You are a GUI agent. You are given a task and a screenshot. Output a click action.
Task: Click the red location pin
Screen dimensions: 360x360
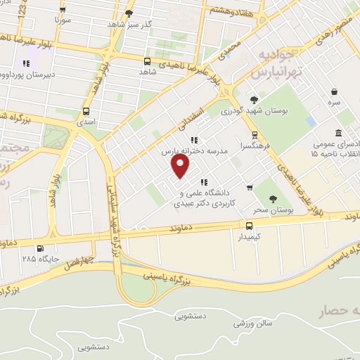click(x=181, y=165)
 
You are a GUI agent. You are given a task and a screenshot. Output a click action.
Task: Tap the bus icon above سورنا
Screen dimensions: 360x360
click(x=63, y=11)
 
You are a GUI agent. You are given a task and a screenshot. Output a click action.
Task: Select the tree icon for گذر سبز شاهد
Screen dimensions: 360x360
click(x=128, y=13)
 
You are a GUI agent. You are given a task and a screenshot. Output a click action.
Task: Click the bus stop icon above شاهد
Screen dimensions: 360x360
click(x=147, y=60)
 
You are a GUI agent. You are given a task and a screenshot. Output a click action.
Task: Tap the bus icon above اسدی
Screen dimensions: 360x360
click(x=86, y=111)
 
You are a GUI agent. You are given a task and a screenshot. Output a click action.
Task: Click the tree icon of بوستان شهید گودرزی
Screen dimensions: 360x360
click(x=254, y=99)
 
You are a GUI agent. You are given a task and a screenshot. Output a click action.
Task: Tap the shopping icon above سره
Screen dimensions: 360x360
click(x=334, y=91)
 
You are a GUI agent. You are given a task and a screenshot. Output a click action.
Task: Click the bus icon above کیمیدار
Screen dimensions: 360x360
click(x=249, y=225)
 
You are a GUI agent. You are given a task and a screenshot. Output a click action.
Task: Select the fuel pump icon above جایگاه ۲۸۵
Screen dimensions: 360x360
click(x=39, y=247)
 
